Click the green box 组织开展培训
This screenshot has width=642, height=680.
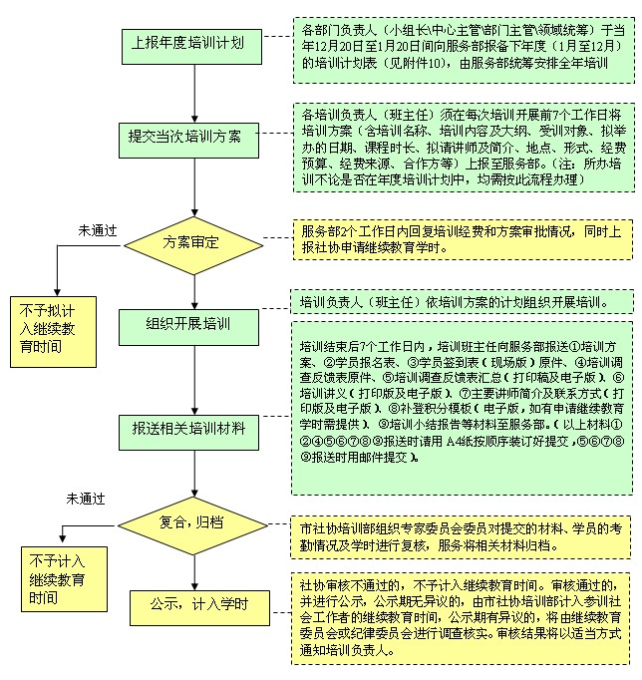click(x=188, y=324)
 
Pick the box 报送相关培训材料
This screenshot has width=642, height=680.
click(x=187, y=428)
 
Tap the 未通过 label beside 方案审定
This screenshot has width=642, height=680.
click(x=98, y=229)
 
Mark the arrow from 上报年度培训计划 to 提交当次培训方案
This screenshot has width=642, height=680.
click(x=185, y=89)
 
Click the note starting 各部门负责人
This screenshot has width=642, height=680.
click(x=463, y=47)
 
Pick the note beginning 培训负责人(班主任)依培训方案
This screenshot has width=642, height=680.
click(x=463, y=301)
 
